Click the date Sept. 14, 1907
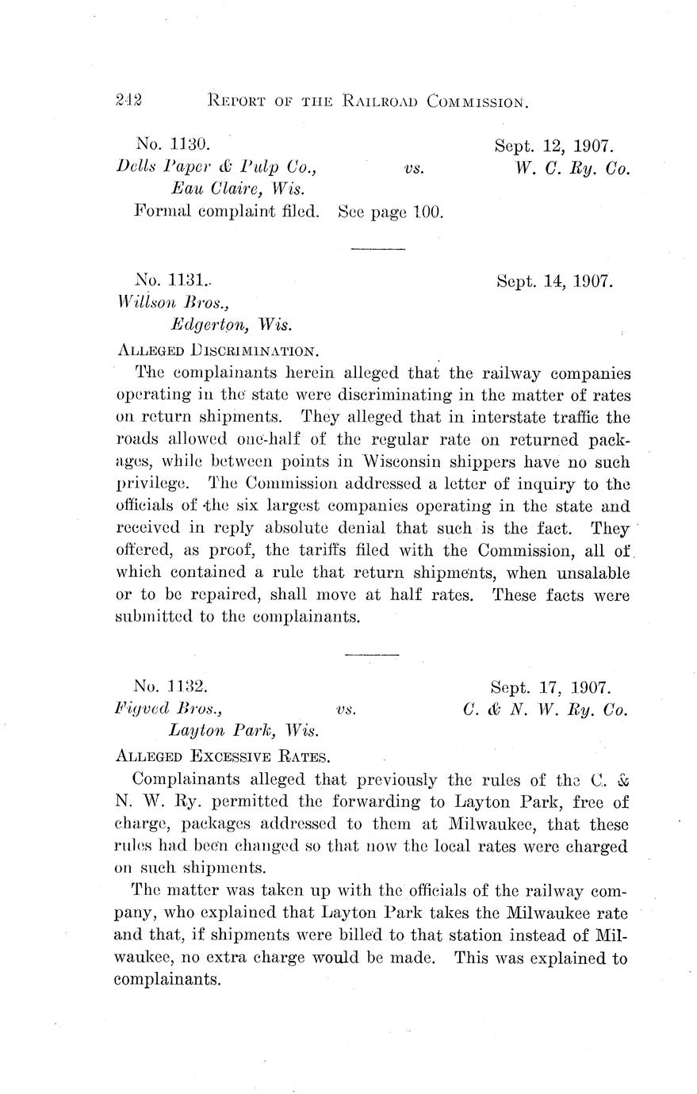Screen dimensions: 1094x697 [x=554, y=281]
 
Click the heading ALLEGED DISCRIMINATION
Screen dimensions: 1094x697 [x=218, y=350]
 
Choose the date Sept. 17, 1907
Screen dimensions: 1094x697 [x=549, y=687]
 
